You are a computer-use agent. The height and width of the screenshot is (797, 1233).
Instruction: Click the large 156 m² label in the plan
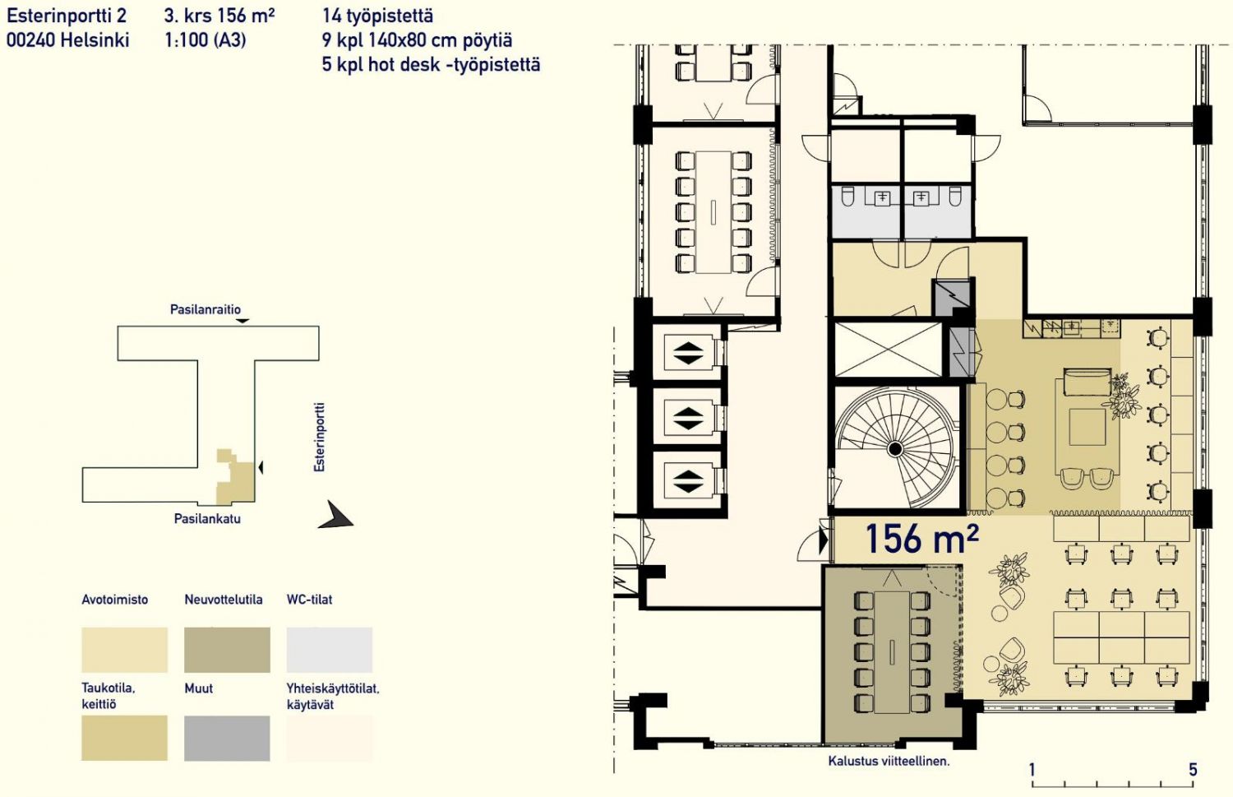(x=922, y=538)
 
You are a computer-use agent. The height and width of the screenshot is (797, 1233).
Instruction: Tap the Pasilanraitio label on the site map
(x=205, y=309)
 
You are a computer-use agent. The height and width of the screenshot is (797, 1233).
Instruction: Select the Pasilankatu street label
(x=207, y=519)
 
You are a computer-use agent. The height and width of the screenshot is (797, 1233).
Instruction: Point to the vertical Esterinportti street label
(x=319, y=438)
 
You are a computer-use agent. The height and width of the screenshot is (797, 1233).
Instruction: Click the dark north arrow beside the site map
(x=335, y=515)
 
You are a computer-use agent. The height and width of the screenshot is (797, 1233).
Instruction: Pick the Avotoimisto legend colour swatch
(x=124, y=650)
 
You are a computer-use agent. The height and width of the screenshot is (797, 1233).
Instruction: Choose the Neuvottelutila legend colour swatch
(x=228, y=650)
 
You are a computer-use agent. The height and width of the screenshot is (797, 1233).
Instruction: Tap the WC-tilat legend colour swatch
(x=329, y=650)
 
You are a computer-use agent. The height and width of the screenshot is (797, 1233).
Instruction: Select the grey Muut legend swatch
(x=228, y=738)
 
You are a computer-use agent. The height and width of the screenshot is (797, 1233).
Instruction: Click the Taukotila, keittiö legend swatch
(x=124, y=738)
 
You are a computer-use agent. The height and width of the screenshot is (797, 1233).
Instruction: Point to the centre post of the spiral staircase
(x=895, y=449)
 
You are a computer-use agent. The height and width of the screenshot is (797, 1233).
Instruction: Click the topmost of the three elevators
(x=688, y=353)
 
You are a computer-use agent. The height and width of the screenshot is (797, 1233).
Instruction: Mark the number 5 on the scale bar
(x=1193, y=770)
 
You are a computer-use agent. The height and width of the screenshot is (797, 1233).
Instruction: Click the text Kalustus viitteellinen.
(x=889, y=762)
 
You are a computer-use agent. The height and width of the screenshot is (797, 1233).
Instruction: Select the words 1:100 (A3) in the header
(x=205, y=40)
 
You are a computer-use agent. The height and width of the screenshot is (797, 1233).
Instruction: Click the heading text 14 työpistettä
(x=377, y=16)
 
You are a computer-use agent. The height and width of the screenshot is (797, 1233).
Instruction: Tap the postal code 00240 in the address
(x=30, y=40)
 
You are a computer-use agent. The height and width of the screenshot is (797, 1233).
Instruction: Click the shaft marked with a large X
(x=888, y=350)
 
